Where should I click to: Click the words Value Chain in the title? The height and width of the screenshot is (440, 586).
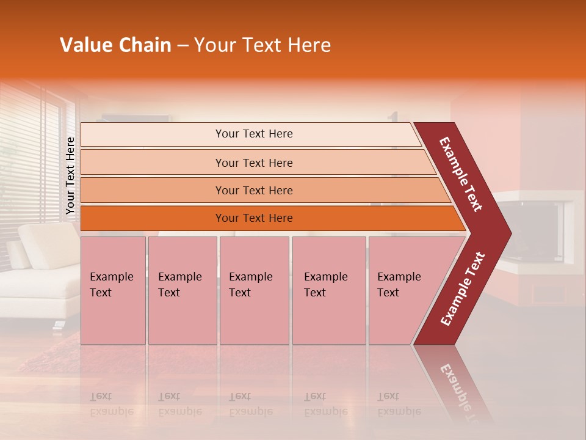(x=115, y=45)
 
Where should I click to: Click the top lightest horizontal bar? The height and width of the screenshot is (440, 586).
(x=254, y=134)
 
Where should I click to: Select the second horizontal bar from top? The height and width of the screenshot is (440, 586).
(x=254, y=163)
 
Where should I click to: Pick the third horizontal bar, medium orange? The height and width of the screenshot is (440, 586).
(x=254, y=191)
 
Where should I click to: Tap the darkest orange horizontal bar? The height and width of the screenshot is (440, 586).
(x=254, y=218)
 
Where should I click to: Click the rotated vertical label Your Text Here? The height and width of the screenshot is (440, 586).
(x=70, y=175)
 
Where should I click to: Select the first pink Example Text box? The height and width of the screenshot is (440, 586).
(x=112, y=290)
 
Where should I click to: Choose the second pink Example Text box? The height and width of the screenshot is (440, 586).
(x=182, y=290)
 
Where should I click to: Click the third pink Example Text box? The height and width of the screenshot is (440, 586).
(x=253, y=290)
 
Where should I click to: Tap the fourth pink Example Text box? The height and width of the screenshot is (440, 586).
(x=328, y=290)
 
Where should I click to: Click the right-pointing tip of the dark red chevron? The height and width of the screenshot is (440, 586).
(x=507, y=233)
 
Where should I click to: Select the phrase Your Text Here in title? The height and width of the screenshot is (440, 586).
(x=262, y=45)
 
